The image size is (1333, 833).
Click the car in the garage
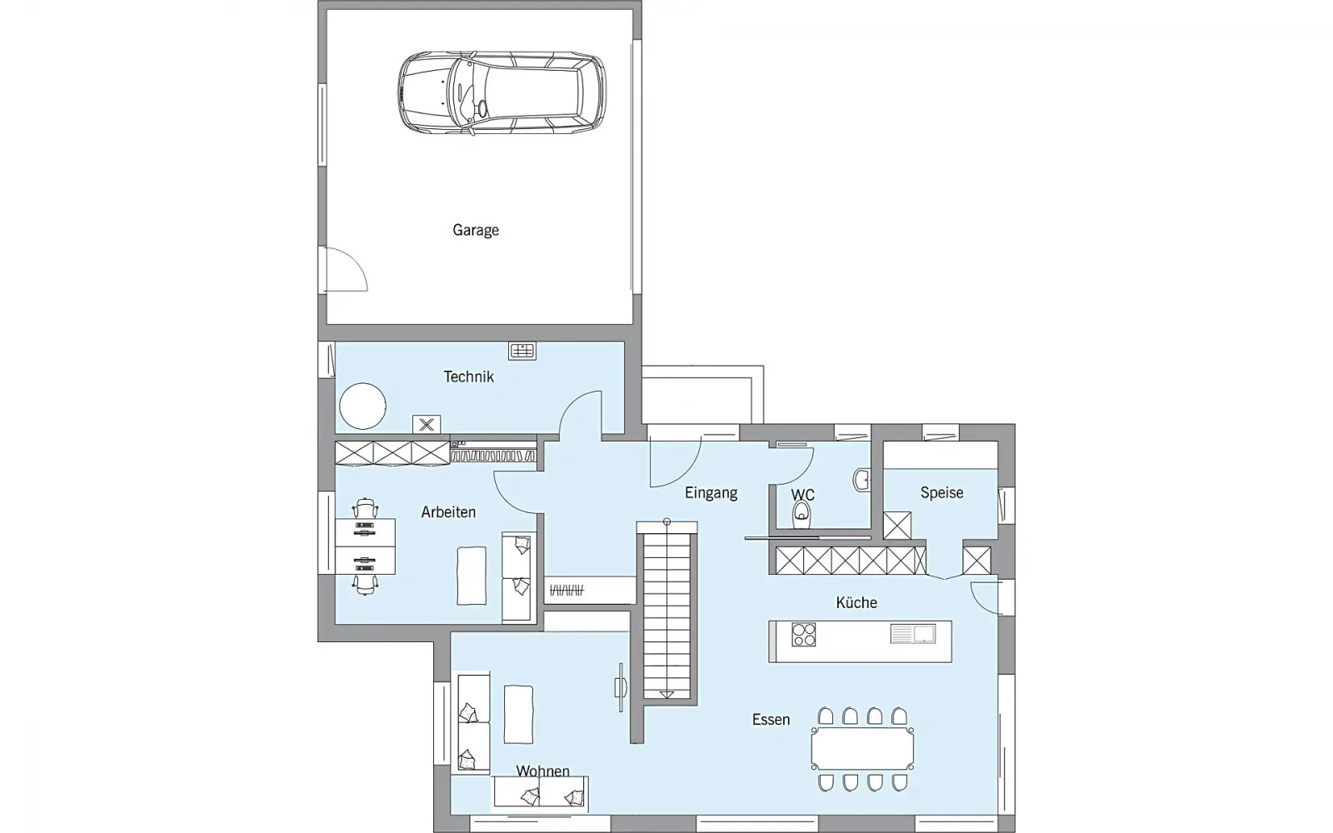(x=502, y=92)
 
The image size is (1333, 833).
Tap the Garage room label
(x=476, y=230)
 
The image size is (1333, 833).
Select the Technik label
(x=468, y=377)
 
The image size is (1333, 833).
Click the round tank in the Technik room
(x=362, y=406)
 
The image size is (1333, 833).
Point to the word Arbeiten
(x=448, y=512)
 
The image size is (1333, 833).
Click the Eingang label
(x=711, y=492)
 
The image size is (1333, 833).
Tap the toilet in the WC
(x=801, y=514)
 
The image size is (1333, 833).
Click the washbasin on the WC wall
(x=861, y=480)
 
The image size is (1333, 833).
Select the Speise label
(x=941, y=492)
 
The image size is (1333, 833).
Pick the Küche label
(x=856, y=603)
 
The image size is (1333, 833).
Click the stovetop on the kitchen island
(x=803, y=634)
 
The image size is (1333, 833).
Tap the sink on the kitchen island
(x=913, y=634)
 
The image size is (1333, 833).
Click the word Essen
(x=771, y=720)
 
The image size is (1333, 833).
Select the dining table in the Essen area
(x=862, y=749)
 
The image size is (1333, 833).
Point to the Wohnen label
(x=542, y=771)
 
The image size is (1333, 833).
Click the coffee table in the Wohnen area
(x=518, y=714)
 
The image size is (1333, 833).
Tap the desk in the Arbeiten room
(x=366, y=546)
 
